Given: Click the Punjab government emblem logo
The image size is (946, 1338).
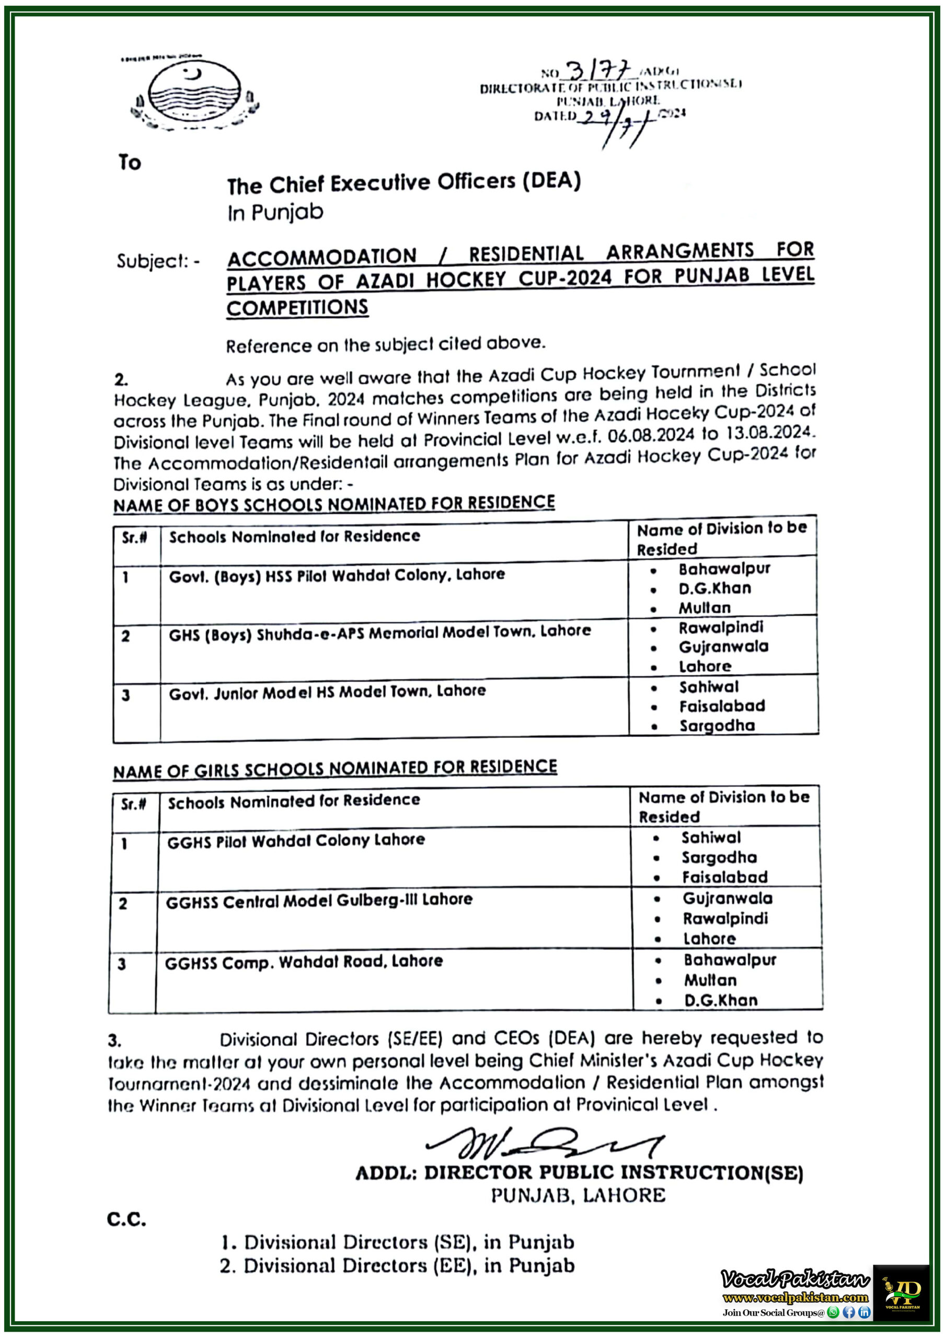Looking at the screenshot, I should pos(194,93).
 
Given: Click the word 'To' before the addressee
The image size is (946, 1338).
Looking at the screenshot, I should pos(130,162).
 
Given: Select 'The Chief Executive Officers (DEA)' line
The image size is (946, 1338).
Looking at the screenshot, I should pos(404,183).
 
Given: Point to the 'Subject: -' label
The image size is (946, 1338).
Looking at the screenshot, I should pos(157,261).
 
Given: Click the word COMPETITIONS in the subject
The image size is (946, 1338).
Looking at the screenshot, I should pos(297,308).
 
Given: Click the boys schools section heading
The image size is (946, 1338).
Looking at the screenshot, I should pos(334,503).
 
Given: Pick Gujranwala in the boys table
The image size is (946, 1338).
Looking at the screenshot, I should pos(723,647).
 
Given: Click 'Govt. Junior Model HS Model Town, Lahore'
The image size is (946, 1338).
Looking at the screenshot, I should pos(327,691).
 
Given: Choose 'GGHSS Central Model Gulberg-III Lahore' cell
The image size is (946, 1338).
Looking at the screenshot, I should pos(319,901).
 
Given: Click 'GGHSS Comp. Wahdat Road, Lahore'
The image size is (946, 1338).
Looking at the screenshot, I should pos(304,962).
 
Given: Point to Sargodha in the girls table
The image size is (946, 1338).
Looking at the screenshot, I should pos(719,857).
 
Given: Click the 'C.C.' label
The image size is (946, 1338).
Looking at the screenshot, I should pos(126,1219).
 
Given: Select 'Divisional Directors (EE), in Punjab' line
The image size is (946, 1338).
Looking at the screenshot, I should pos(398,1266).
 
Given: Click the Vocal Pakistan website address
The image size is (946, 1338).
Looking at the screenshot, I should pos(795,1297).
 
